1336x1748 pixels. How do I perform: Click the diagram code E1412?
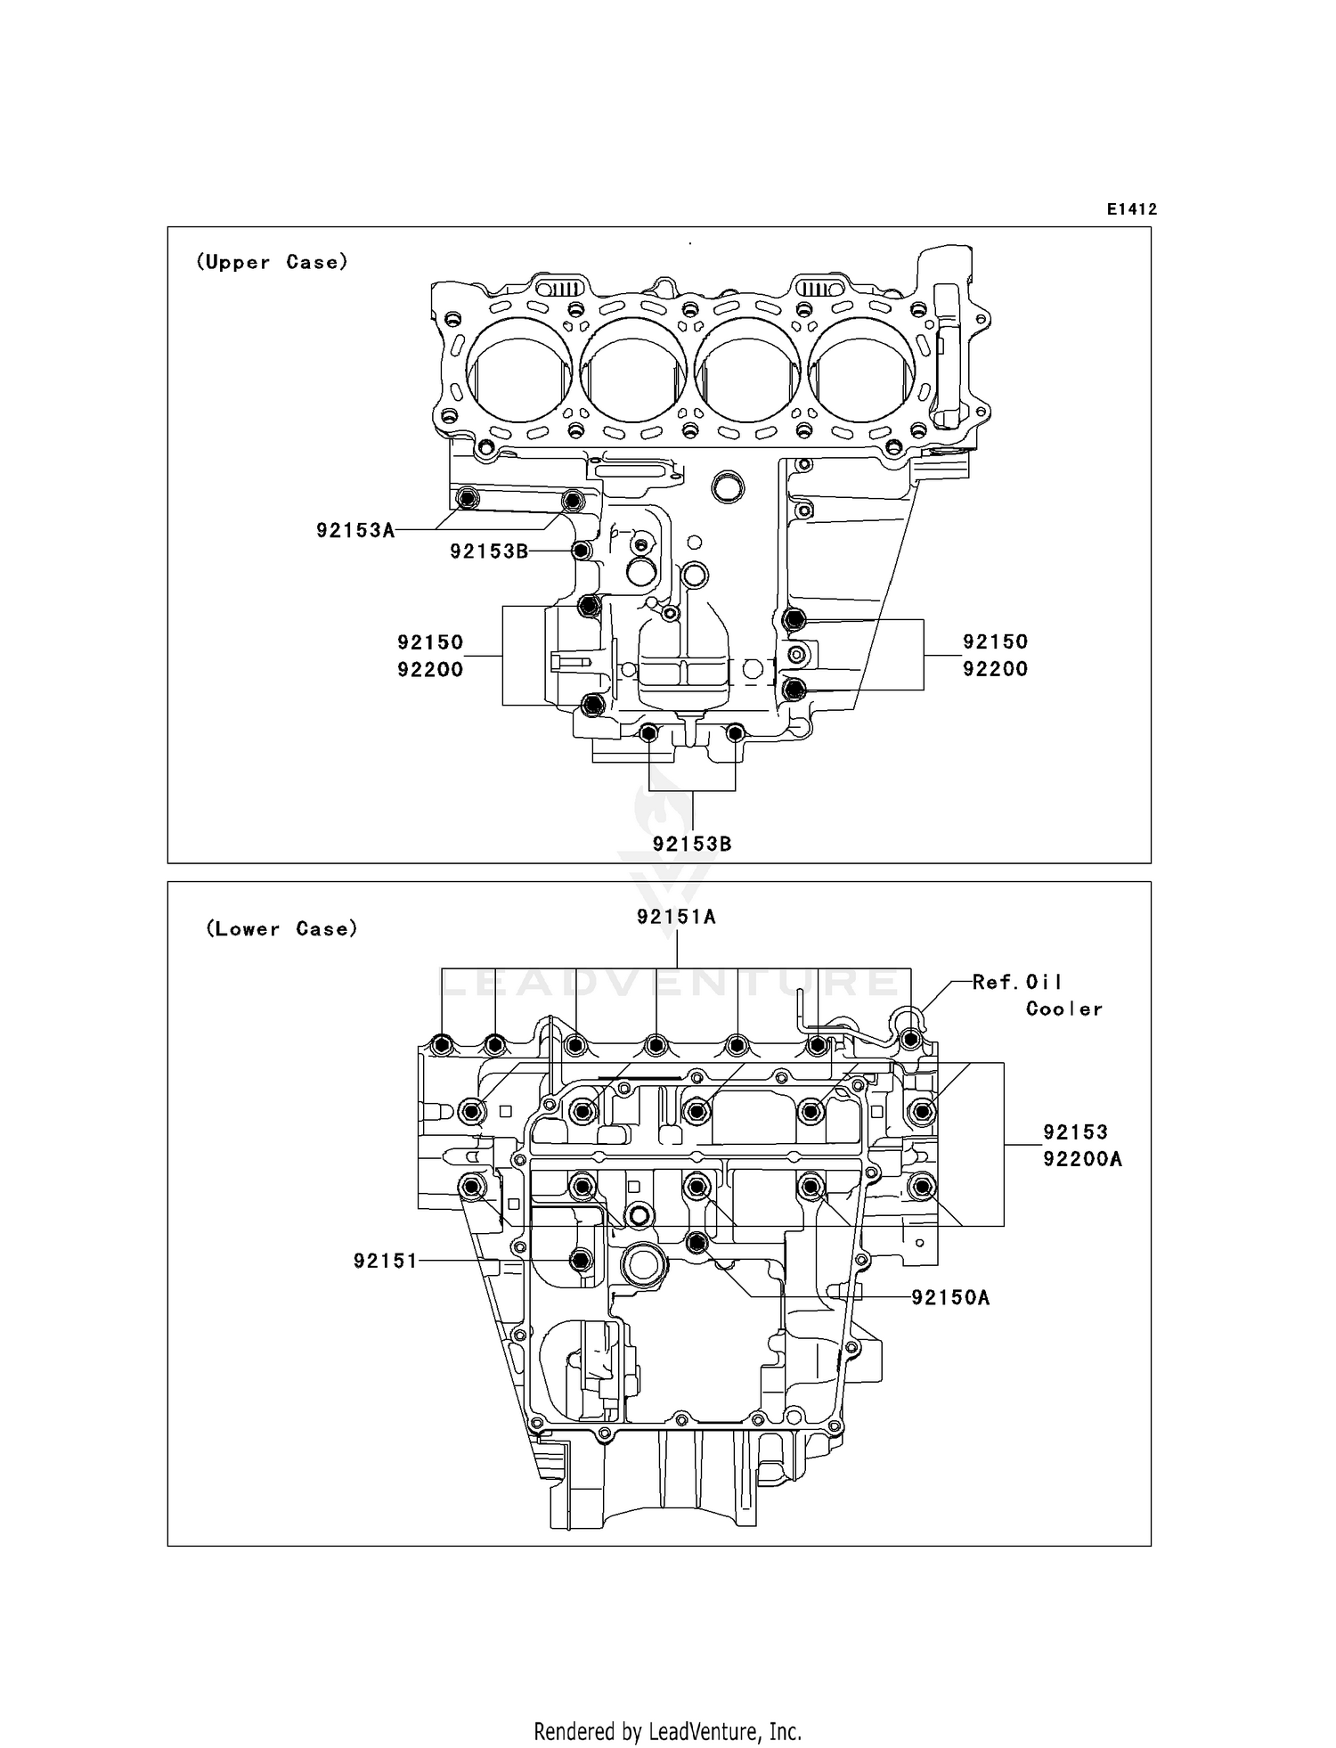point(1131,209)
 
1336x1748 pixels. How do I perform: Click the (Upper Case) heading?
point(272,262)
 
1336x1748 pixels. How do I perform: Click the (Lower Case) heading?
point(281,928)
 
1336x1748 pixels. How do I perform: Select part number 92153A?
point(354,531)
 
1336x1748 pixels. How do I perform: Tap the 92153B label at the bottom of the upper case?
point(691,844)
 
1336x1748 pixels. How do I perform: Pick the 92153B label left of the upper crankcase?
point(488,551)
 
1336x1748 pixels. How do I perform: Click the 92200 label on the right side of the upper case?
point(995,669)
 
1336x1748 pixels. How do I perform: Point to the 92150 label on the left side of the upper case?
point(430,642)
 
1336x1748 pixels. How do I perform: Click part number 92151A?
point(676,917)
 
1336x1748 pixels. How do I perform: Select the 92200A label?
point(1082,1159)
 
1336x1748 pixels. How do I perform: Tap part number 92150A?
point(950,1298)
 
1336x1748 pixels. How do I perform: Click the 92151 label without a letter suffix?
point(385,1261)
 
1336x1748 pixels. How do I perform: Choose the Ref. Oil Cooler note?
point(1037,995)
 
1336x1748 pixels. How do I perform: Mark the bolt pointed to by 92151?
point(582,1260)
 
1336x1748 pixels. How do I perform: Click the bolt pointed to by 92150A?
point(697,1241)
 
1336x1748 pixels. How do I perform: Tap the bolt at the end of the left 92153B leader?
point(582,551)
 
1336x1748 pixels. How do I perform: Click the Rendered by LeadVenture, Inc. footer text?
point(667,1731)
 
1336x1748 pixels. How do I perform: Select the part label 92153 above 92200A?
point(1075,1132)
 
